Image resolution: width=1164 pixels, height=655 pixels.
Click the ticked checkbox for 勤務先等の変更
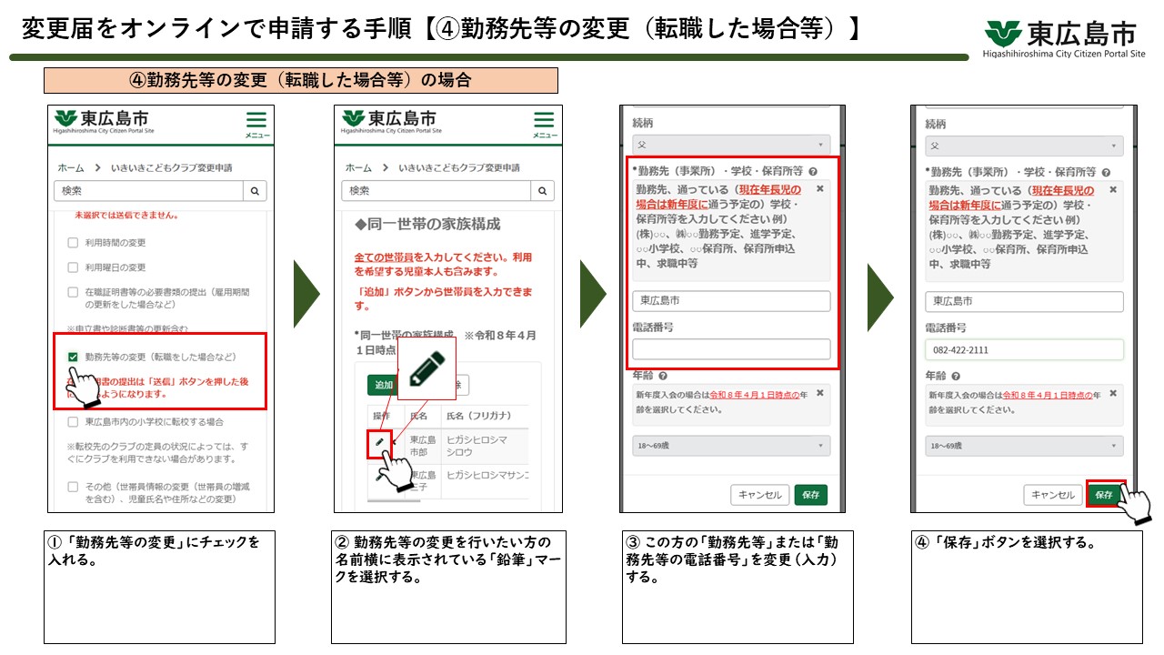pyautogui.click(x=73, y=358)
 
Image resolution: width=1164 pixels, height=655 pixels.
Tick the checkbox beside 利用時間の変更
pyautogui.click(x=73, y=243)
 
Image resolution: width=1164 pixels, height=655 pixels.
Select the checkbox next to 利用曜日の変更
pyautogui.click(x=73, y=267)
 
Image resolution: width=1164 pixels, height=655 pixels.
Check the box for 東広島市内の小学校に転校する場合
pyautogui.click(x=73, y=422)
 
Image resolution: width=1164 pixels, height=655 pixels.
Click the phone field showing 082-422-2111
pyautogui.click(x=1024, y=350)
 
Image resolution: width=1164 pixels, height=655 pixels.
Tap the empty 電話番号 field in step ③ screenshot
pyautogui.click(x=731, y=349)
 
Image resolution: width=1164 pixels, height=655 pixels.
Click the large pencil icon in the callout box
pyautogui.click(x=426, y=368)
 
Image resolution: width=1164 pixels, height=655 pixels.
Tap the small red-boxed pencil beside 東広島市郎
pyautogui.click(x=380, y=444)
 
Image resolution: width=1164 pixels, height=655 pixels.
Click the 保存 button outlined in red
pyautogui.click(x=1104, y=495)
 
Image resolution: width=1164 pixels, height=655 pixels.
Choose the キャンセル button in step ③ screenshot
pyautogui.click(x=759, y=495)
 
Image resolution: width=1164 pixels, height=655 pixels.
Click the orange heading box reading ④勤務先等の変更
pyautogui.click(x=300, y=80)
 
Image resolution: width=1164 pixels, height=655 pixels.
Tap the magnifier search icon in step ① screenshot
pyautogui.click(x=255, y=191)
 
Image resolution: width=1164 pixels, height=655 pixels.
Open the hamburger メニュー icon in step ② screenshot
pyautogui.click(x=544, y=123)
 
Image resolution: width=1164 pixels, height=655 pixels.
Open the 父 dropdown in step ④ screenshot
pyautogui.click(x=1024, y=146)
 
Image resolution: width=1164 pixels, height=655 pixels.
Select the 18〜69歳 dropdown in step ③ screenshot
pyautogui.click(x=731, y=447)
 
